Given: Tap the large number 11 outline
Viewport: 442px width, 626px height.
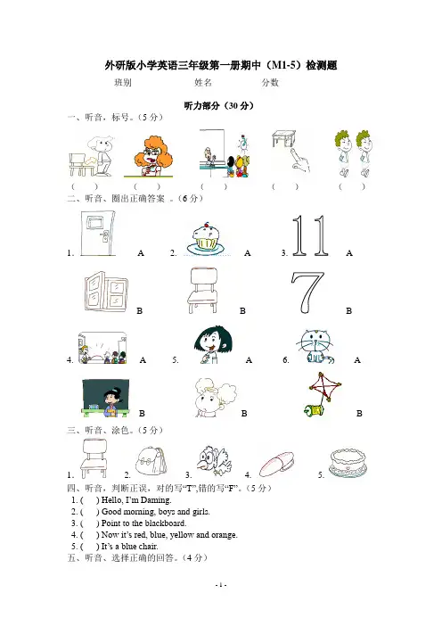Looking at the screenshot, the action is pyautogui.click(x=310, y=235).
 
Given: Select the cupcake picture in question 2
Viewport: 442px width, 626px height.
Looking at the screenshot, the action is pyautogui.click(x=206, y=238).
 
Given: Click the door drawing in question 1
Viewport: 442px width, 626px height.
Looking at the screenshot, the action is pyautogui.click(x=96, y=234).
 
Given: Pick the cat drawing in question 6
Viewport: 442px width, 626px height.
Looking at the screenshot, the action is pyautogui.click(x=315, y=347).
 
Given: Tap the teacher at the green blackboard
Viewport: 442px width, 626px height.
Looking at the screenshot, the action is pyautogui.click(x=106, y=398).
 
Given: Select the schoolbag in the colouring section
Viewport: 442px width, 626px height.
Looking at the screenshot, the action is pyautogui.click(x=151, y=461).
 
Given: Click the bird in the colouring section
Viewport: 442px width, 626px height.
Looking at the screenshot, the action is pyautogui.click(x=214, y=460).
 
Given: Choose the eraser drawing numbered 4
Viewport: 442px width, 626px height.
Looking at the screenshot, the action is pyautogui.click(x=276, y=463).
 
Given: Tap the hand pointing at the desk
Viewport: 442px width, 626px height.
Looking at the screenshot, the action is pyautogui.click(x=301, y=161).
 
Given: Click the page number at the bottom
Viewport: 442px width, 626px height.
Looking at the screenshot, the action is pyautogui.click(x=221, y=585).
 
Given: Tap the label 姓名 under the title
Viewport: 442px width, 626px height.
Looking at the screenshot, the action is pyautogui.click(x=203, y=83).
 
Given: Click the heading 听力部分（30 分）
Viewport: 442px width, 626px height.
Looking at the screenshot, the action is pyautogui.click(x=219, y=106).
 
